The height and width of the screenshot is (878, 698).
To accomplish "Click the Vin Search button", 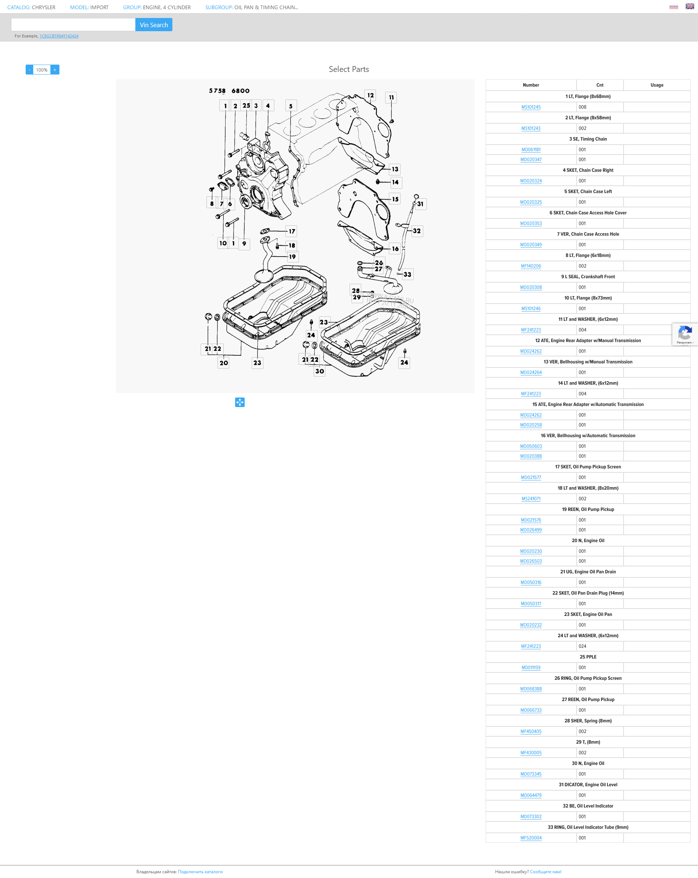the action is [x=153, y=25].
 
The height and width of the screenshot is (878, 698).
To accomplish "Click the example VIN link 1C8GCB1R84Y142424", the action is [x=59, y=36].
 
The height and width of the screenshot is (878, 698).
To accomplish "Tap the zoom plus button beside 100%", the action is [x=55, y=70].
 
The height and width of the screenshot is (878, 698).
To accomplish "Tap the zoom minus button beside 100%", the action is [x=29, y=70].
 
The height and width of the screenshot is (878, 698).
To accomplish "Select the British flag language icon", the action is [x=690, y=6].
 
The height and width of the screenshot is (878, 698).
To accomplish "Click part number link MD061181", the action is [x=531, y=149].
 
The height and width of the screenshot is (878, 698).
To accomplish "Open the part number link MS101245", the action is [x=531, y=107].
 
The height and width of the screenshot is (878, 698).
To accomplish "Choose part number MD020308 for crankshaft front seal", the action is [x=531, y=287].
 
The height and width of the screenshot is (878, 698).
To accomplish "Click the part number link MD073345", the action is [x=531, y=774].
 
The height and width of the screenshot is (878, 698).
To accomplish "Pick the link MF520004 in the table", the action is [x=531, y=838].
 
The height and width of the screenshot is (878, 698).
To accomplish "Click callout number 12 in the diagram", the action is [x=370, y=95].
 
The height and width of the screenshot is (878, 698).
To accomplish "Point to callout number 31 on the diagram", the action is [x=420, y=204].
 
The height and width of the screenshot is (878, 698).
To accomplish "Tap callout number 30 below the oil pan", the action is [x=319, y=371].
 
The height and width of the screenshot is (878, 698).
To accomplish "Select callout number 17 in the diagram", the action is [x=292, y=231].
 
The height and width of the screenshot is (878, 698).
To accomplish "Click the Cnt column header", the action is [x=599, y=85].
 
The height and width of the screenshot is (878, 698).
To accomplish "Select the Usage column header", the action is [x=657, y=85].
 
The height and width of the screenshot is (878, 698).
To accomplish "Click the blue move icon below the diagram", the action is [x=240, y=402].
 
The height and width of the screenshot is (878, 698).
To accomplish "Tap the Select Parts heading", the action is [x=349, y=69].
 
